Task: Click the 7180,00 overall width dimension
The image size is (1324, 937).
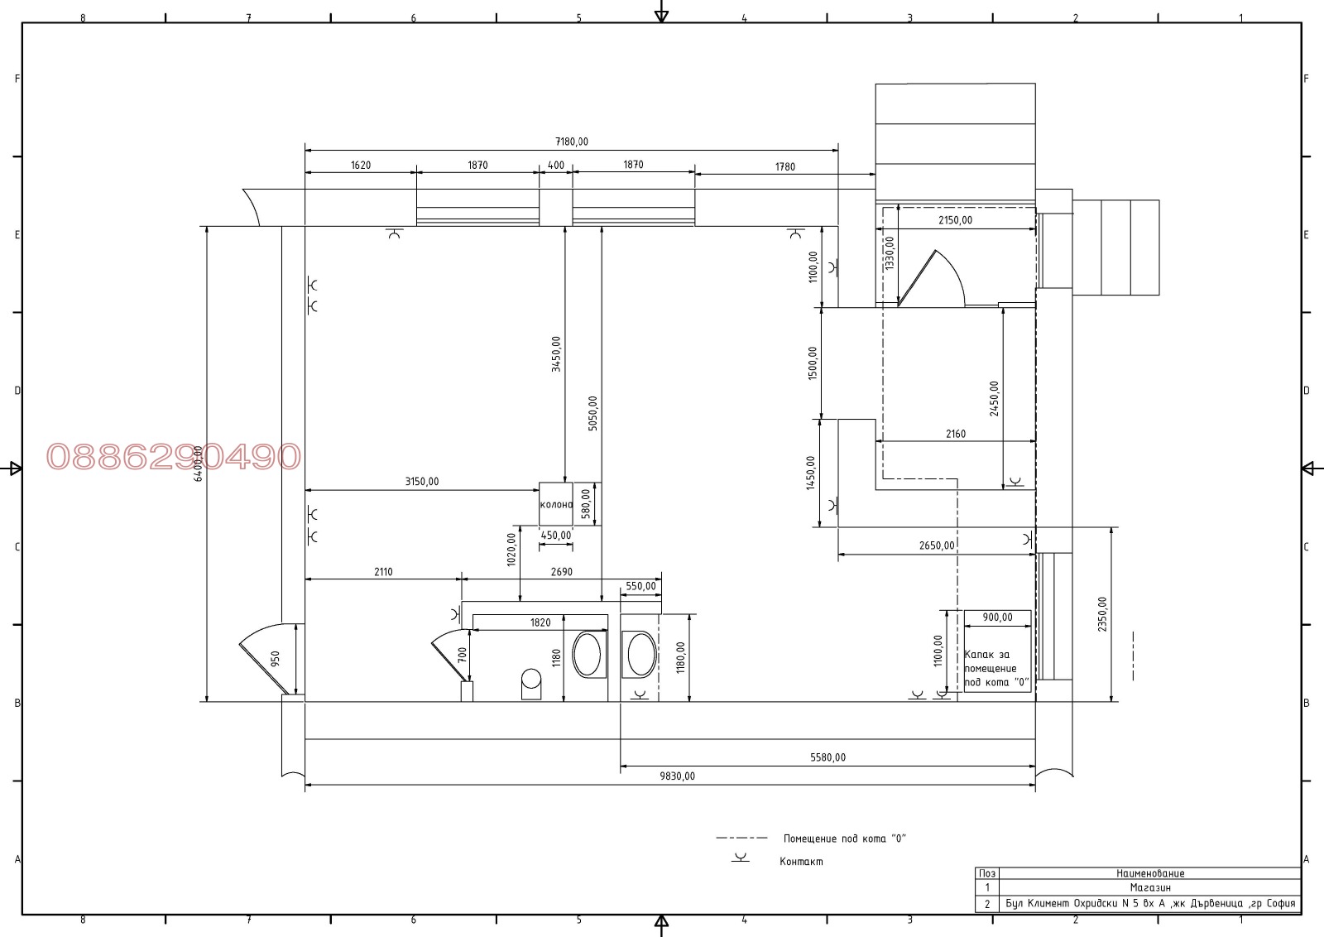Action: tap(572, 142)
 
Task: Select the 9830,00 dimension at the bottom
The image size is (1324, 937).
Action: tap(678, 776)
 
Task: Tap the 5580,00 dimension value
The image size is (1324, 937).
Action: tap(827, 757)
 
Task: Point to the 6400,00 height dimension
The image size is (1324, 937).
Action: tap(199, 464)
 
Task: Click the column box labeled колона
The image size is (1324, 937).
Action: tap(555, 503)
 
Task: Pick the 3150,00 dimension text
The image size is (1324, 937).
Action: tap(422, 482)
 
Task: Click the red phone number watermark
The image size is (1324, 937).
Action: tap(174, 456)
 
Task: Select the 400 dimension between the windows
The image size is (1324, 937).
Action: tap(555, 166)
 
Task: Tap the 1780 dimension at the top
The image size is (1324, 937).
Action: tap(785, 167)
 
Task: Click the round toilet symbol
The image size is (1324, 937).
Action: tap(531, 684)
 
